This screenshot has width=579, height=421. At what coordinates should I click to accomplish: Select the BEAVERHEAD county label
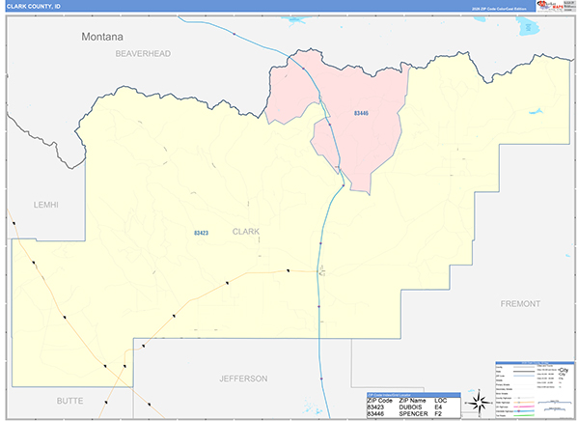coord(142,54)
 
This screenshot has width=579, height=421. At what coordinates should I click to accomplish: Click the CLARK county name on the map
coord(246,232)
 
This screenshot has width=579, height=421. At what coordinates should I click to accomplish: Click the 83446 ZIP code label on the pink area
coord(361,114)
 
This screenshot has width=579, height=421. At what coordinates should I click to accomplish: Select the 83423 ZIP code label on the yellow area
coord(201,233)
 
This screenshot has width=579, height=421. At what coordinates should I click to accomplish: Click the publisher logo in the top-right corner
coord(545,6)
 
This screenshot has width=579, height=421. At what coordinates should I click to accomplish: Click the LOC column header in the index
coord(440,400)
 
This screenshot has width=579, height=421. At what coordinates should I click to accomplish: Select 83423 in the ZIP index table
coord(375,407)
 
